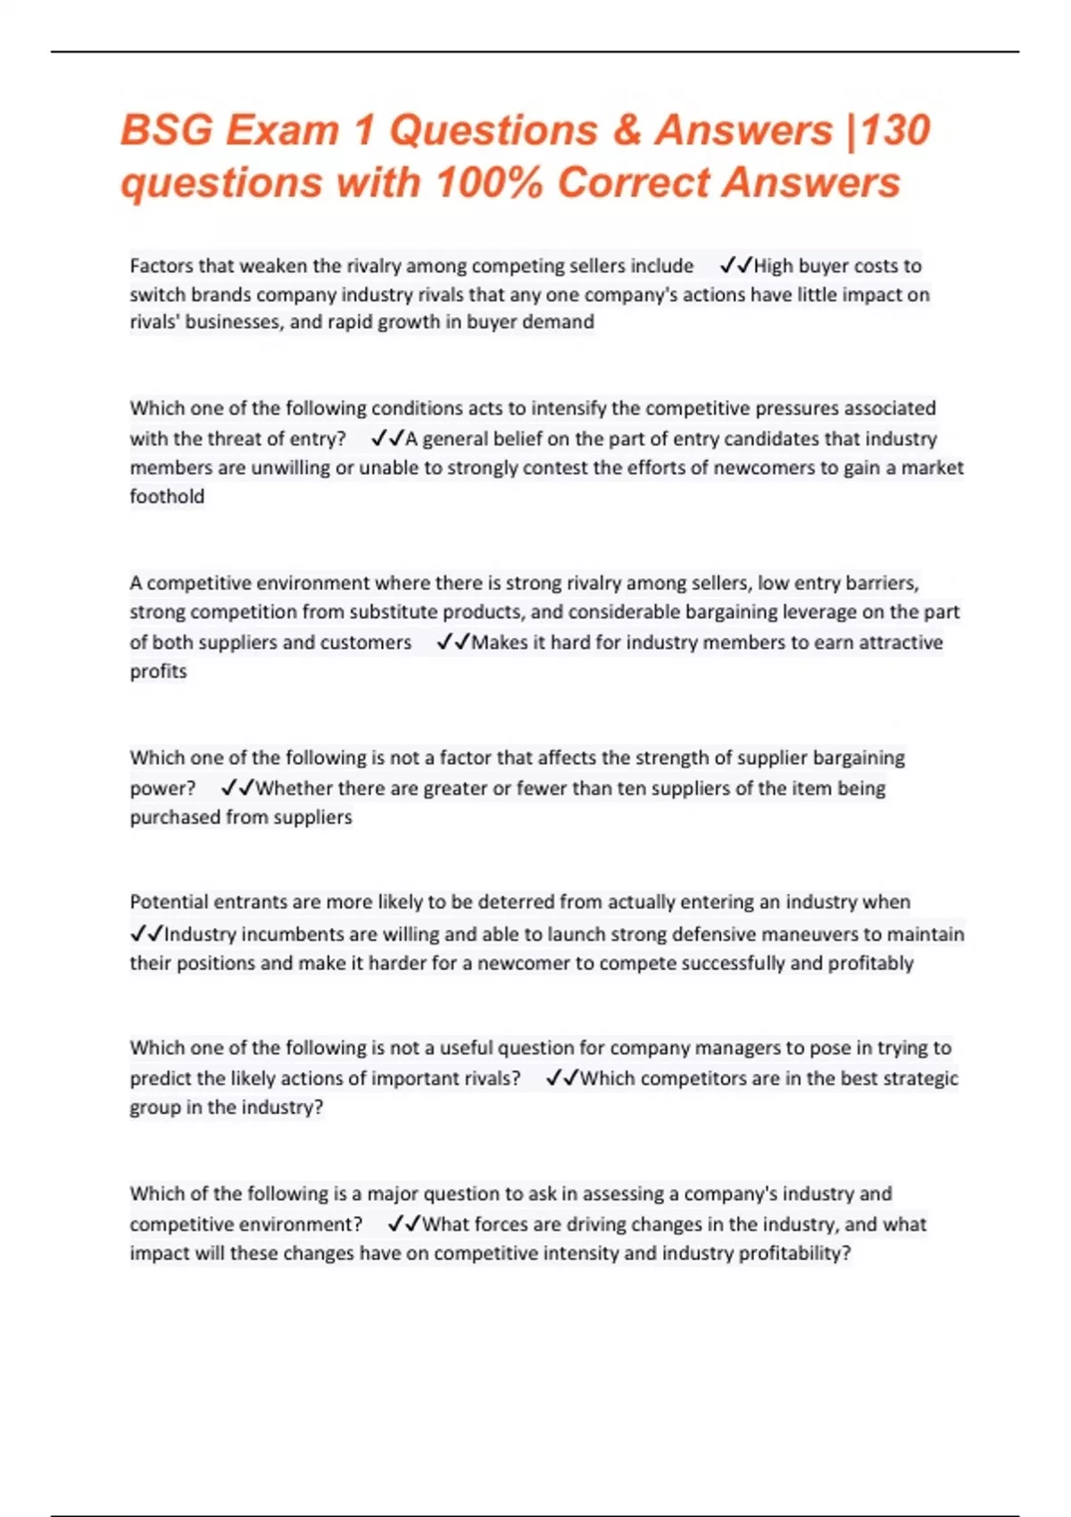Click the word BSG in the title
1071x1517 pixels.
[x=166, y=130]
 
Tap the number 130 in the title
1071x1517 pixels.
[x=895, y=130]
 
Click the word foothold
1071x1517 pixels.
[x=167, y=497]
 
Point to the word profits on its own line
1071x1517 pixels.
[x=158, y=672]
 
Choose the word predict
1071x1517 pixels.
[x=160, y=1078]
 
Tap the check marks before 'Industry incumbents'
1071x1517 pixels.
[x=146, y=934]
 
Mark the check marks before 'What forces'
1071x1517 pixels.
[x=403, y=1224]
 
